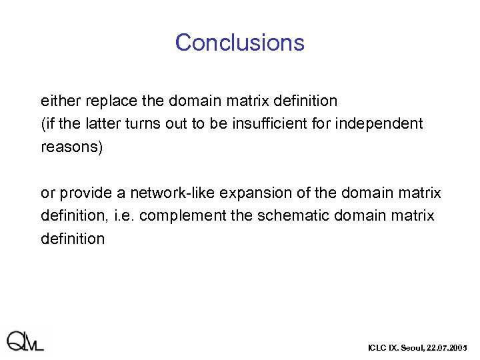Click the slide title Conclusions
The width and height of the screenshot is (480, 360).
coord(239,43)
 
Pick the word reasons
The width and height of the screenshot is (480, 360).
coord(71,147)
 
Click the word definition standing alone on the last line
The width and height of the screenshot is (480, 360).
coord(73,239)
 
